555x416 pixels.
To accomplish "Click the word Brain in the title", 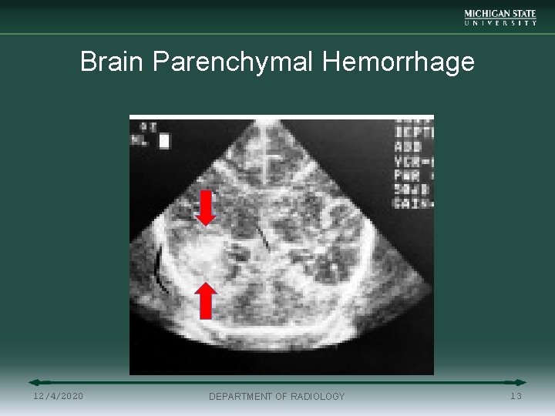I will pos(113,62).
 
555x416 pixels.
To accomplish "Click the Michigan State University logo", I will pos(500,18).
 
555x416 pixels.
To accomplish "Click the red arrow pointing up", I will pos(205,300).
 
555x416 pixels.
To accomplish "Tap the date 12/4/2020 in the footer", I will pos(59,396).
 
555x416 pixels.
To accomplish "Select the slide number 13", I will pos(516,396).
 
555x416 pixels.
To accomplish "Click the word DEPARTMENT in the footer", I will pos(240,397).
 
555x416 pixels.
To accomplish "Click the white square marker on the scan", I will pos(164,141).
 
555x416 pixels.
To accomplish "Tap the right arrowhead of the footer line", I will pos(521,382).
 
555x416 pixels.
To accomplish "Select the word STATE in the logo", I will pos(521,14).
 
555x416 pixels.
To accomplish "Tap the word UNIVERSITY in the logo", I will pos(500,23).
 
